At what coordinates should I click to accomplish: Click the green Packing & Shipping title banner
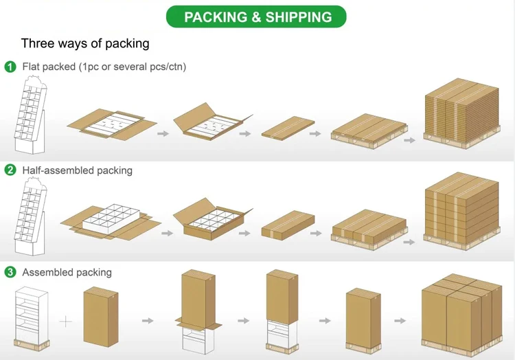pos(257,17)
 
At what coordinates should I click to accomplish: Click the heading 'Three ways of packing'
pos(85,43)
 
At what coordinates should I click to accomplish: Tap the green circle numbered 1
pos(10,67)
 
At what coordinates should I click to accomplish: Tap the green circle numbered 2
pos(10,170)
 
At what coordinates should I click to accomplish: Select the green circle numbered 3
pos(10,272)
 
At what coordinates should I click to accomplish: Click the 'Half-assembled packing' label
pos(78,170)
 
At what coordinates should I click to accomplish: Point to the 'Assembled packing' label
pos(67,272)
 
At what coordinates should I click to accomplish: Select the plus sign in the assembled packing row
pos(65,321)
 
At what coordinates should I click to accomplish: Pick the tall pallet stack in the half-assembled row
pos(461,210)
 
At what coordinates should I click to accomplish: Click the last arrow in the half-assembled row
pos(409,241)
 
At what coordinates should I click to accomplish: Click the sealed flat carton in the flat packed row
pos(288,128)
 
